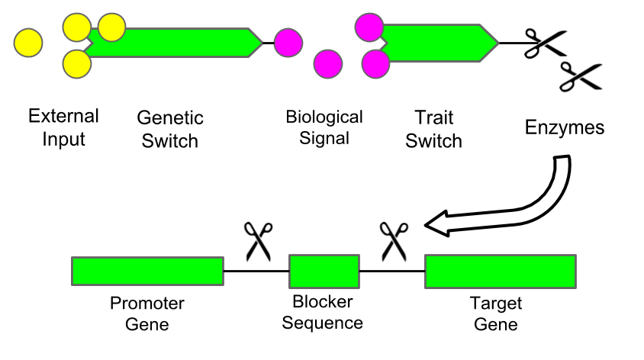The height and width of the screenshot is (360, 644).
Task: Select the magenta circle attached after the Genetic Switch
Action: [288, 42]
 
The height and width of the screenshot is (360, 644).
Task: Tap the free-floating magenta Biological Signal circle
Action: [328, 63]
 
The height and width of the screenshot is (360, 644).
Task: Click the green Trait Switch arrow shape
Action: [439, 42]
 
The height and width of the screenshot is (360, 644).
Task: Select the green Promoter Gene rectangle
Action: [147, 271]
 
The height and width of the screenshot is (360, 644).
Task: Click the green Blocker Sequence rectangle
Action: [324, 271]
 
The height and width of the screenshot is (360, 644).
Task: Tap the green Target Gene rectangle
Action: [500, 271]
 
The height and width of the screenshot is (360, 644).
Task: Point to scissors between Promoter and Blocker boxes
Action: [259, 242]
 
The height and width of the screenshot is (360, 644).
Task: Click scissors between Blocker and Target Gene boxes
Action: [394, 242]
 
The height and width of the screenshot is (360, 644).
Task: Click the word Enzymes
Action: [565, 127]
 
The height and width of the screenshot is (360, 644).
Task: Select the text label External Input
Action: [63, 127]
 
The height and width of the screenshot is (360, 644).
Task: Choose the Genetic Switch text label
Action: [170, 129]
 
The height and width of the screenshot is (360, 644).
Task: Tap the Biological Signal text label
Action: [324, 127]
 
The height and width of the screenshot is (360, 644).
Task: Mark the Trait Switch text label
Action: [433, 129]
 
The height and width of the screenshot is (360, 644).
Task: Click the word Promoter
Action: [147, 304]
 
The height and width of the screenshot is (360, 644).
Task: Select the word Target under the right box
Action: [496, 304]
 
